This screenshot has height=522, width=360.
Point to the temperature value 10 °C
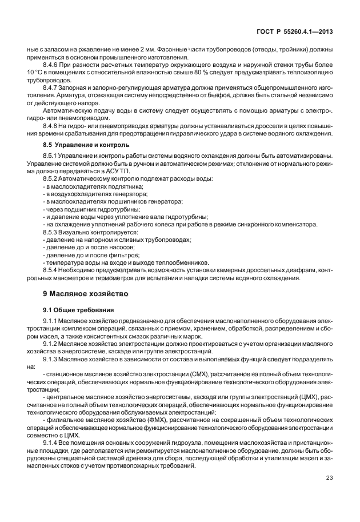(36, 74)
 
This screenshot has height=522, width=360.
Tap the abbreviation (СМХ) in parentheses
(184, 373)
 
